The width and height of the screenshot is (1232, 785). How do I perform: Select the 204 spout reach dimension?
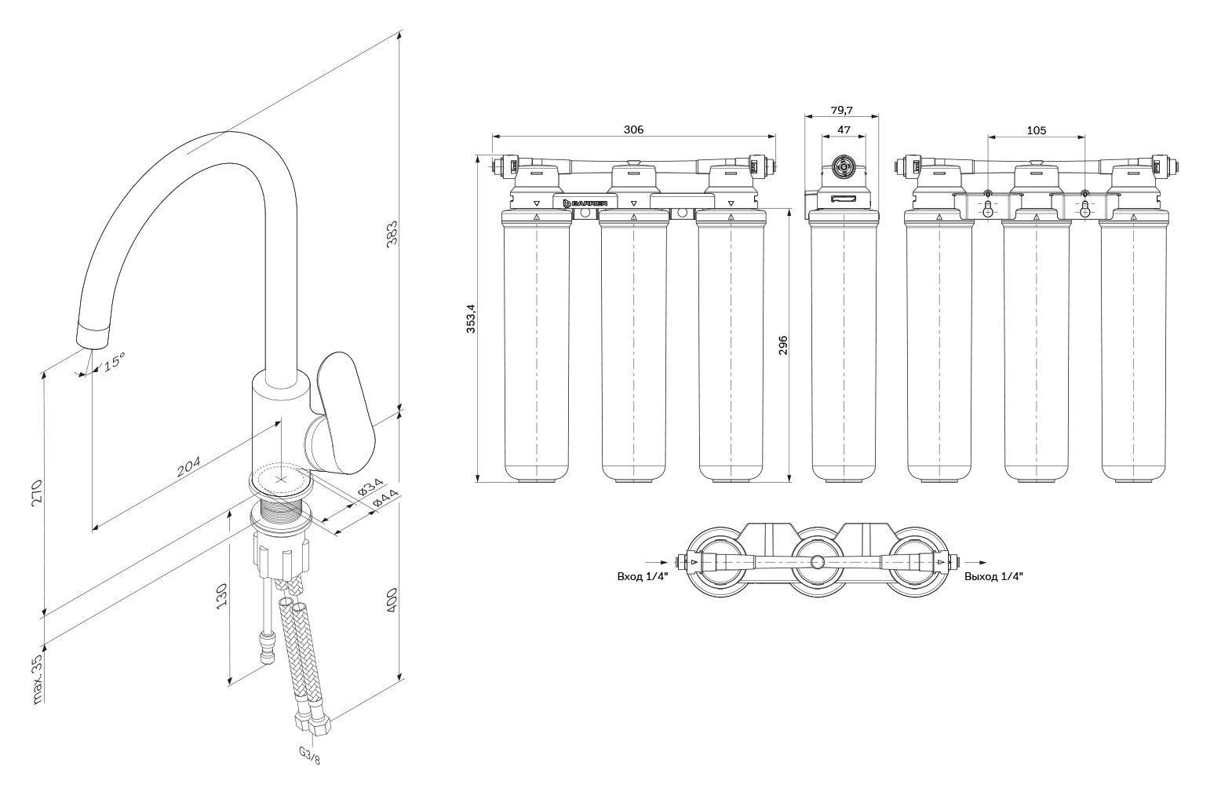[x=188, y=466]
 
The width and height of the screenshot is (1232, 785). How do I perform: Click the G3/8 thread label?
[x=310, y=754]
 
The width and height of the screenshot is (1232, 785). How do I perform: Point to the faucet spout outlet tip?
[x=93, y=335]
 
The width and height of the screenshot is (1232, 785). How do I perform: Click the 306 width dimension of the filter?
[x=632, y=130]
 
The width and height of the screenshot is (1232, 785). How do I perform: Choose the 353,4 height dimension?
[x=472, y=318]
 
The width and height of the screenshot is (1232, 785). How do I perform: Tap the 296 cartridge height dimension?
[x=782, y=345]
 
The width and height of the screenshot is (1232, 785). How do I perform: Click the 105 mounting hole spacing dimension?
[x=1036, y=130]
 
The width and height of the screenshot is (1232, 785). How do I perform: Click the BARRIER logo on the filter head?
[x=585, y=203]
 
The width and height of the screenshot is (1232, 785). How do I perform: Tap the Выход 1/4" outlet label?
[x=993, y=576]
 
